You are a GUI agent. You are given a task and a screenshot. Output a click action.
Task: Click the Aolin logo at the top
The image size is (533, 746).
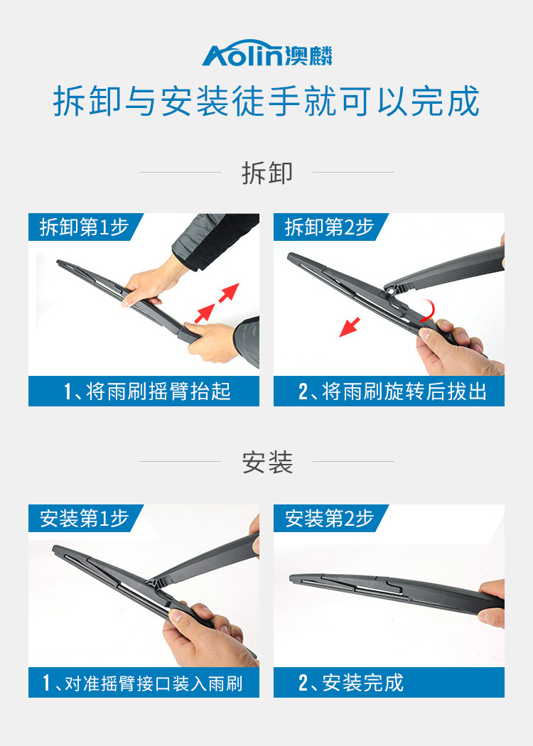tap(267, 53)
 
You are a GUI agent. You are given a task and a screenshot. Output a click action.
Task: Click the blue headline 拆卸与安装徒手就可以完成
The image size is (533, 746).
tap(266, 101)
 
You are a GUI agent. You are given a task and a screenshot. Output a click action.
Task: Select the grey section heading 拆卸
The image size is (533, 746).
tap(267, 173)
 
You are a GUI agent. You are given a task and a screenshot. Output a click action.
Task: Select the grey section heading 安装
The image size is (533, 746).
tap(267, 462)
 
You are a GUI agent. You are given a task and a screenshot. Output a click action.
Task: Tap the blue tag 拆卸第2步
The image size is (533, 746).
tap(329, 227)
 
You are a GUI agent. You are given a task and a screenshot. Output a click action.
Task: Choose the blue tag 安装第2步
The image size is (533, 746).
tap(329, 518)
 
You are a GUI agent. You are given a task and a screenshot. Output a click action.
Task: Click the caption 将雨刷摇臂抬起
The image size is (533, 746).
tap(159, 391)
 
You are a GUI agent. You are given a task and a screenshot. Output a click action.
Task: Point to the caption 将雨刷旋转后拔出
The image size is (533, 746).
tap(404, 391)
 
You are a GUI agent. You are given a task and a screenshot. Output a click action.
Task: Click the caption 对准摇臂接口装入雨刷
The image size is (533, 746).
tap(154, 683)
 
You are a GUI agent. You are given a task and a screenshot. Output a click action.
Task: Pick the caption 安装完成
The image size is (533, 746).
tap(363, 683)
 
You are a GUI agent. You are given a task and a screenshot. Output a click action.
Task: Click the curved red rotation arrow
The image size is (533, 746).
tap(428, 312)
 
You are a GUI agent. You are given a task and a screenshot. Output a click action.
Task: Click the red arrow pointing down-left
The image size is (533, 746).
tap(350, 328)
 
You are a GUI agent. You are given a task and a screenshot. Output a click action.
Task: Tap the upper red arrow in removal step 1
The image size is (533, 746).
tap(229, 293)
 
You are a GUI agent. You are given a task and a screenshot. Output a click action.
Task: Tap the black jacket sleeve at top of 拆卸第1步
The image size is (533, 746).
tap(217, 240)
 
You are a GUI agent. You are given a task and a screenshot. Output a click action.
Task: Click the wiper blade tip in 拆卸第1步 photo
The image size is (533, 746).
tap(59, 262)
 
